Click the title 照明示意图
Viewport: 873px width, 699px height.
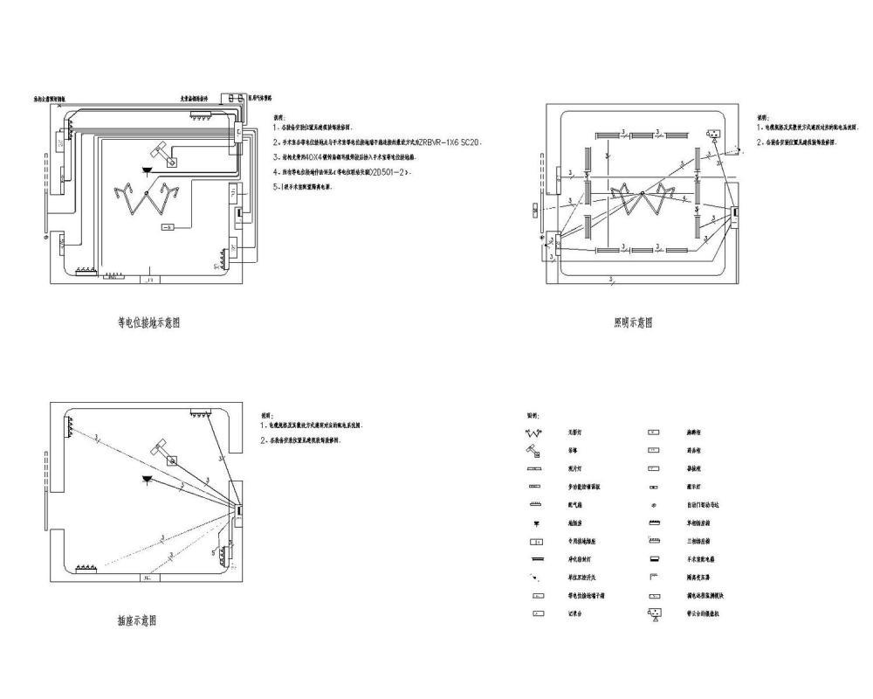[x=633, y=322]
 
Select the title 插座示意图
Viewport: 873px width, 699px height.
[x=138, y=620]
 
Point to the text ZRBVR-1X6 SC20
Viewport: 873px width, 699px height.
[x=450, y=142]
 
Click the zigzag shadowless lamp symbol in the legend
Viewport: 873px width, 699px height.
[x=533, y=433]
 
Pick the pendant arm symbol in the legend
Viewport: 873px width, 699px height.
[x=533, y=451]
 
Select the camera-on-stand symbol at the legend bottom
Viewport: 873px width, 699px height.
[x=652, y=614]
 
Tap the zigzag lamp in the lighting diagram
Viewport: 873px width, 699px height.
[x=642, y=199]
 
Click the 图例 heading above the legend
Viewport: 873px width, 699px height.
[x=533, y=415]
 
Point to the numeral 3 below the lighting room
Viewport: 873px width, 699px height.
[x=611, y=278]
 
